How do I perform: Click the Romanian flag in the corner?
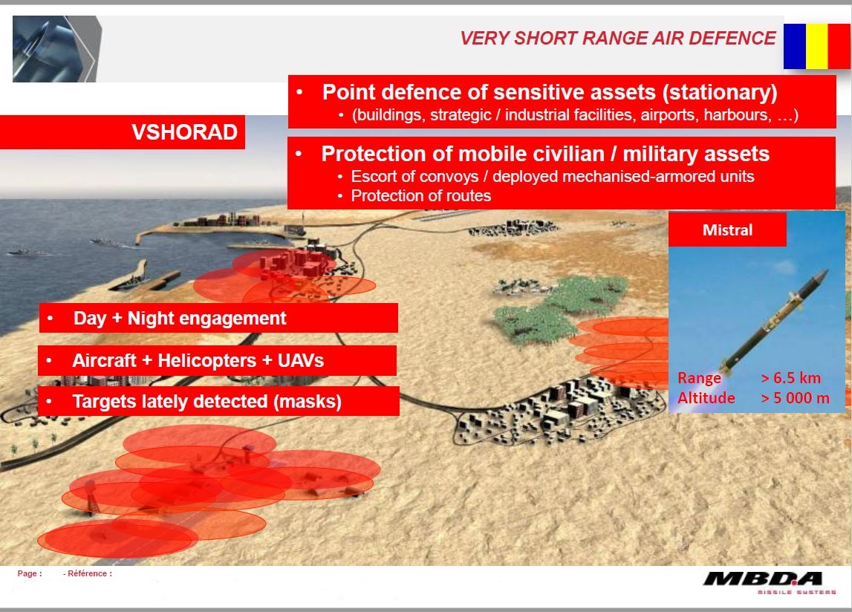tap(817, 46)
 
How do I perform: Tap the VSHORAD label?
tap(184, 132)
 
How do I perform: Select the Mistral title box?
tap(727, 229)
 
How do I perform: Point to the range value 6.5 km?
tap(790, 378)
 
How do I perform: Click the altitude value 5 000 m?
tap(795, 398)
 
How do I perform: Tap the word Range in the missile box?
tap(699, 378)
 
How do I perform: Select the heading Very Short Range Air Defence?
tap(618, 38)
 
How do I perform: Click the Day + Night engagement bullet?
tap(179, 318)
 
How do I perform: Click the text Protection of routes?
tap(420, 195)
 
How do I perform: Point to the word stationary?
tap(720, 92)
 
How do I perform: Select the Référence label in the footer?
tap(88, 573)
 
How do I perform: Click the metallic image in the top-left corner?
tap(57, 49)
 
